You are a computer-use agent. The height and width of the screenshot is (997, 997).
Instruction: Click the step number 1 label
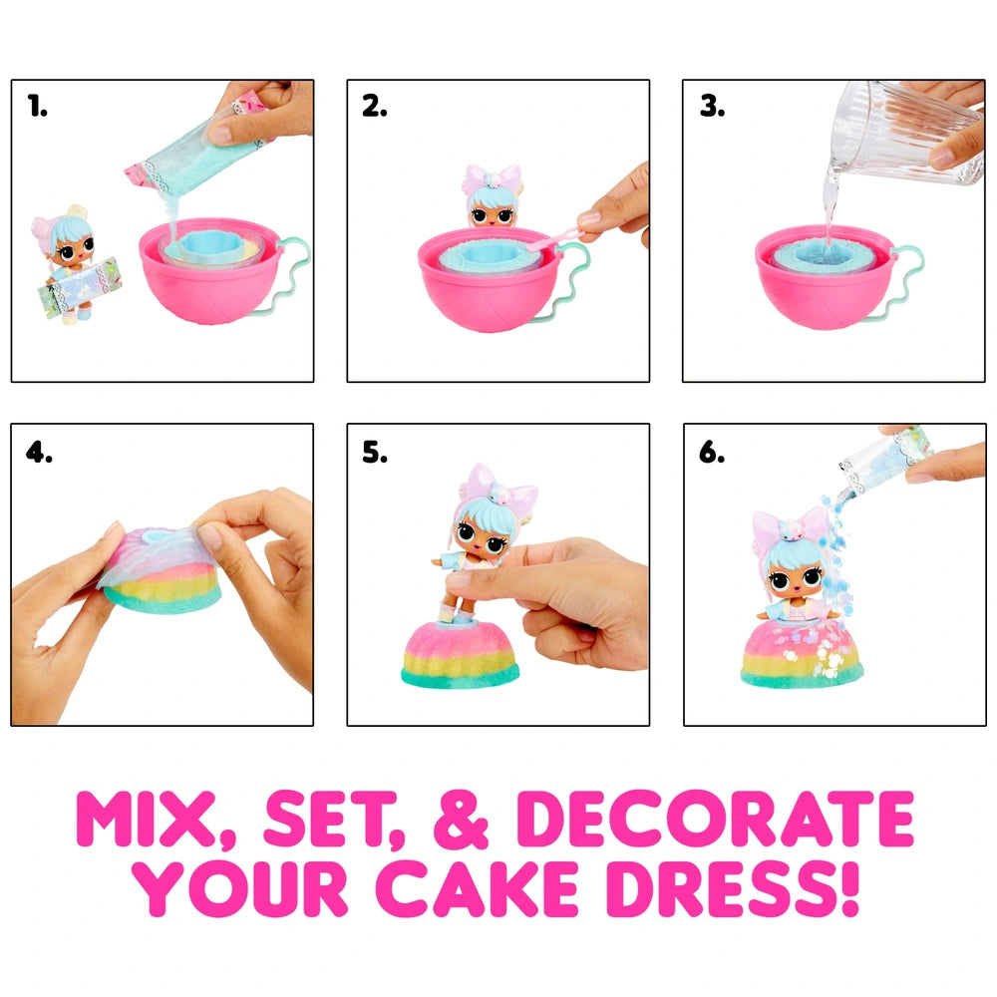click(x=37, y=107)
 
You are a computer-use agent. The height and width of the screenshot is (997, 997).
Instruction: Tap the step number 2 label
click(x=375, y=107)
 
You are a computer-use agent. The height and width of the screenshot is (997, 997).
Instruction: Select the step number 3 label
click(x=712, y=107)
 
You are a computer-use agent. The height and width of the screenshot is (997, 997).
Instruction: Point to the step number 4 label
click(x=39, y=452)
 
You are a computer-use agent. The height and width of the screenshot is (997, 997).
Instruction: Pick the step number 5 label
click(x=375, y=452)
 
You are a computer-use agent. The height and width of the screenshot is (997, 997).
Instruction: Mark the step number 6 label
click(x=712, y=452)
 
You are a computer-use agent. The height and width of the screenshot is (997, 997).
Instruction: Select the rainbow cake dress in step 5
click(x=461, y=655)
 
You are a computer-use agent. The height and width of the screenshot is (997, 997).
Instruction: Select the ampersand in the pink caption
click(x=461, y=821)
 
